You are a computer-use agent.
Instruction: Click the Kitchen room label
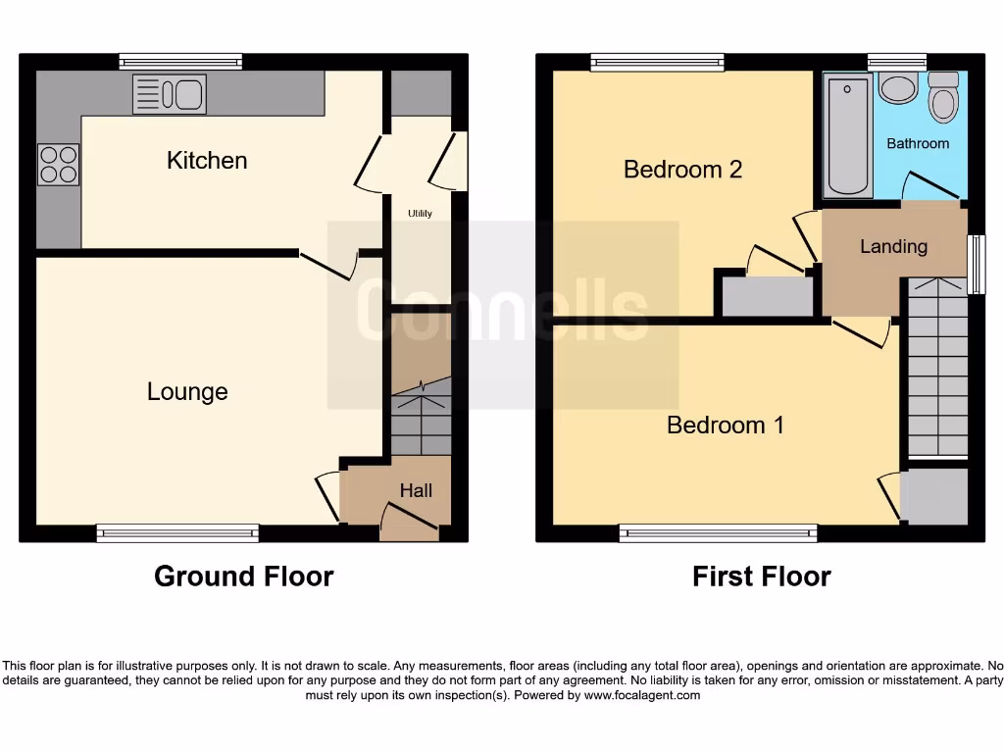pyautogui.click(x=207, y=160)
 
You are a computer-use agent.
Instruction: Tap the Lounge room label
pyautogui.click(x=187, y=392)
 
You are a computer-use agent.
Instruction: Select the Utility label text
pyautogui.click(x=420, y=213)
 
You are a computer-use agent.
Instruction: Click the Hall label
pyautogui.click(x=416, y=490)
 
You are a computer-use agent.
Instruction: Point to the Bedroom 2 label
pyautogui.click(x=682, y=170)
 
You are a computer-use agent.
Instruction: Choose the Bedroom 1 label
pyautogui.click(x=725, y=425)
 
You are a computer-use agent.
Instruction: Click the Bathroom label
pyautogui.click(x=918, y=143)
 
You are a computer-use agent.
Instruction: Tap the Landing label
pyautogui.click(x=893, y=246)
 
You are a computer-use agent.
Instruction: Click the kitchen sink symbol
pyautogui.click(x=169, y=95)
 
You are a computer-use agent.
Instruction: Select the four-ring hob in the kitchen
pyautogui.click(x=58, y=165)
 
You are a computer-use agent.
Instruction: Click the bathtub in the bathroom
pyautogui.click(x=848, y=137)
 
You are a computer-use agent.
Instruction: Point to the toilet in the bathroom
pyautogui.click(x=944, y=99)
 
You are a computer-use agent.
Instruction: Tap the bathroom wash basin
pyautogui.click(x=897, y=88)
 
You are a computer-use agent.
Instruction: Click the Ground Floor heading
pyautogui.click(x=243, y=577)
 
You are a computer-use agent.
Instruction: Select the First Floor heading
pyautogui.click(x=761, y=577)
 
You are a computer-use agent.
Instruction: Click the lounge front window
pyautogui.click(x=177, y=533)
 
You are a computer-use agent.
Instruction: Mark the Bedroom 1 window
pyautogui.click(x=718, y=533)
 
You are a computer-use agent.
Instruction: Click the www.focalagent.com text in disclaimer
pyautogui.click(x=643, y=695)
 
